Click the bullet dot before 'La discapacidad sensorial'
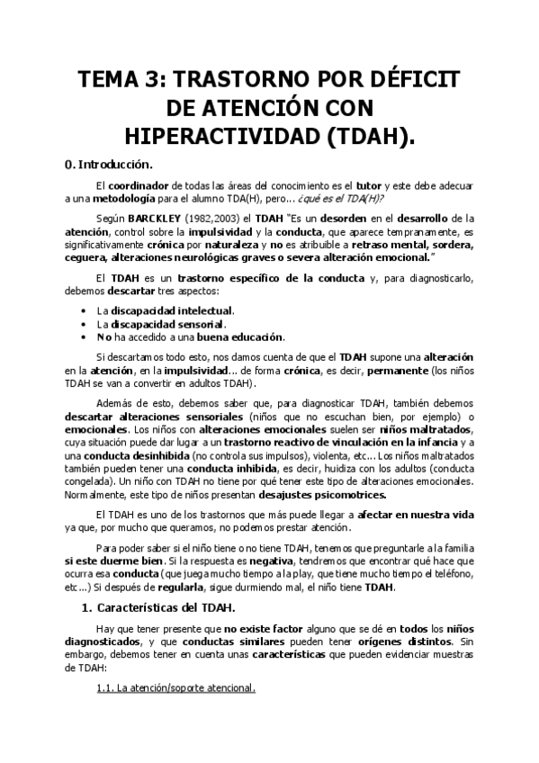click(x=83, y=324)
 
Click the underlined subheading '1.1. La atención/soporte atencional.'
click(x=175, y=689)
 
